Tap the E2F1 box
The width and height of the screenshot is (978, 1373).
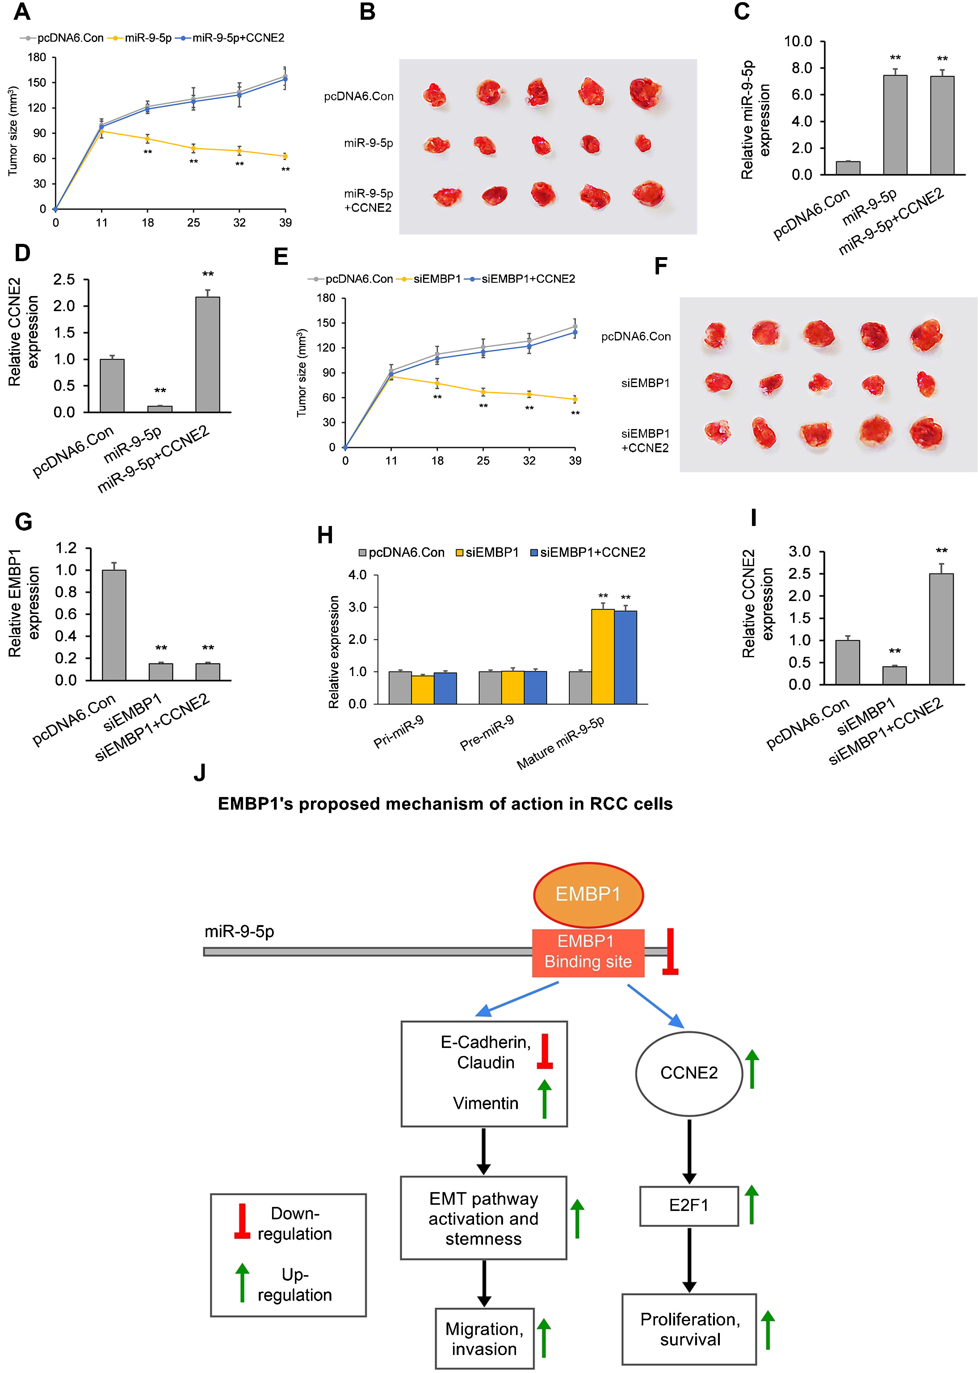point(689,1206)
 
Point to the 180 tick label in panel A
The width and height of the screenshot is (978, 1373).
point(37,57)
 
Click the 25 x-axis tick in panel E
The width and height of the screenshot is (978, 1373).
point(483,461)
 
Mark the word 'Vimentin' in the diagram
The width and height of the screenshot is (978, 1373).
point(485,1103)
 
